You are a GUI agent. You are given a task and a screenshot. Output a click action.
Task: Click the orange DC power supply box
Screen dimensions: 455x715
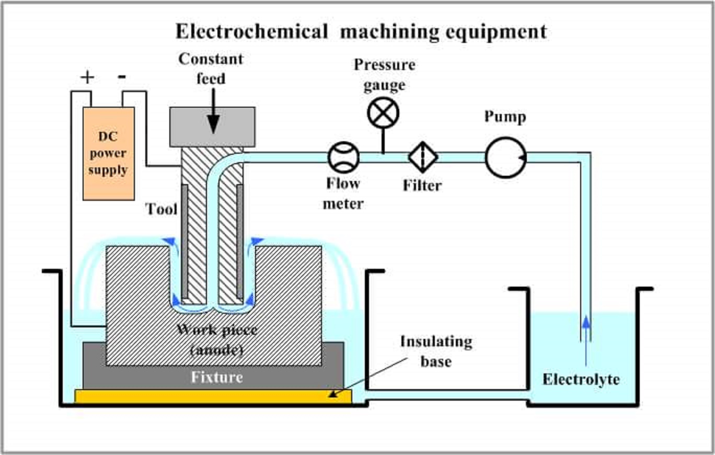click(x=108, y=153)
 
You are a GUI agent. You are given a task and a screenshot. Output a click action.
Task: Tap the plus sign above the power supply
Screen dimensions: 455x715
click(x=87, y=78)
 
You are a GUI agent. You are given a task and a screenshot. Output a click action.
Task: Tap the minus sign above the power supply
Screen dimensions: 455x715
click(x=122, y=77)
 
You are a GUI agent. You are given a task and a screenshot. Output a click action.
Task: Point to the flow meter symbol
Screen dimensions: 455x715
click(x=343, y=157)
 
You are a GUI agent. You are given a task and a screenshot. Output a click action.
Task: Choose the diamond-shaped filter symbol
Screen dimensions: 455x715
click(x=422, y=157)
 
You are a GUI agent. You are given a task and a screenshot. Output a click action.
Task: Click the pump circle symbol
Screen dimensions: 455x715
click(x=505, y=157)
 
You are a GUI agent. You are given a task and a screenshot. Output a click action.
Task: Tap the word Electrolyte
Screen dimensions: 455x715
click(x=581, y=379)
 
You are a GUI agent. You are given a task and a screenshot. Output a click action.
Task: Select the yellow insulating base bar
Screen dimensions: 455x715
click(x=213, y=396)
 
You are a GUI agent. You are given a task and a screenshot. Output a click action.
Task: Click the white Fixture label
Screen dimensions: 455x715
click(x=217, y=377)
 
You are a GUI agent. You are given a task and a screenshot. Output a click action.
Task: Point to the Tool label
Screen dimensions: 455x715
click(x=162, y=209)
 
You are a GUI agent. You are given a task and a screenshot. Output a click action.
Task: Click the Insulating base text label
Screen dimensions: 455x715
click(x=436, y=351)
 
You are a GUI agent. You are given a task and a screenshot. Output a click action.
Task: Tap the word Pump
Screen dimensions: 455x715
click(x=504, y=117)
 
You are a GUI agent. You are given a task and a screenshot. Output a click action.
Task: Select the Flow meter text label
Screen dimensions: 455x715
click(x=343, y=193)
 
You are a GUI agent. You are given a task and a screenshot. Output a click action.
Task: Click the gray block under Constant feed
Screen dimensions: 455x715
click(x=213, y=127)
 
